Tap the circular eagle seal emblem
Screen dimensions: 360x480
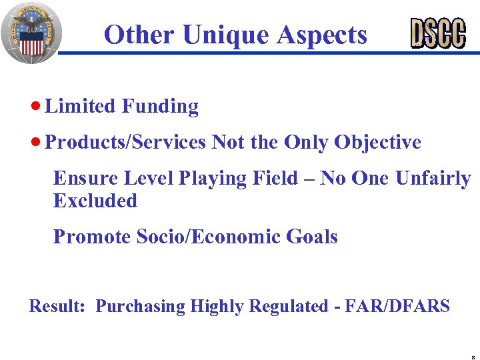pyautogui.click(x=31, y=31)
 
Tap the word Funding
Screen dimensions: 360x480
pyautogui.click(x=160, y=107)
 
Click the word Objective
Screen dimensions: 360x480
pyautogui.click(x=377, y=143)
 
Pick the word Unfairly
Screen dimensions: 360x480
pyautogui.click(x=433, y=179)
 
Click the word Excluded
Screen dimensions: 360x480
pyautogui.click(x=95, y=201)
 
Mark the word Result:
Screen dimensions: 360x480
pyautogui.click(x=57, y=307)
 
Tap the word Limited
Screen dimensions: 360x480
pyautogui.click(x=81, y=107)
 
